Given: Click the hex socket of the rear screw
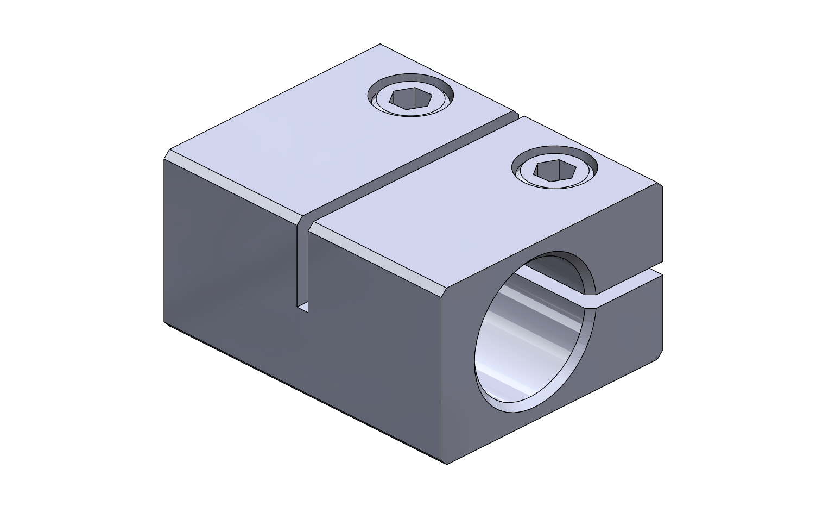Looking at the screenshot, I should point(404,99).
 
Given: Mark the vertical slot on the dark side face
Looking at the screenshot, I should point(302,266).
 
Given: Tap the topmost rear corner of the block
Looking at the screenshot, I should point(381,44).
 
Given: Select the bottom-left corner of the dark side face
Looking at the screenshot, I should point(164,321).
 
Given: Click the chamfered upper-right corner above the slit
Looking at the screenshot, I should point(661,188).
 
